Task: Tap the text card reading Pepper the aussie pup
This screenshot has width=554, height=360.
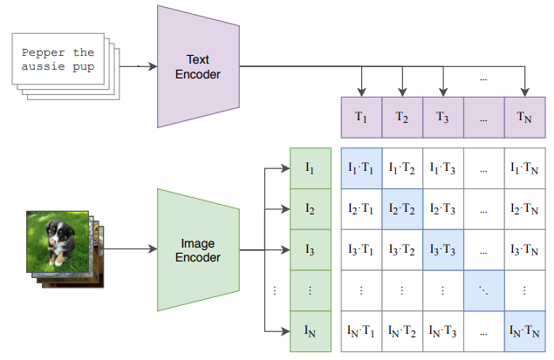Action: coord(58,59)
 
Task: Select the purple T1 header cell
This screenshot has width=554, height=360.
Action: coord(360,118)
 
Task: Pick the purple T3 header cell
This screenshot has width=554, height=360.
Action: coord(442,118)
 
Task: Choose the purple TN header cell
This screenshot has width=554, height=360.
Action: coord(525,118)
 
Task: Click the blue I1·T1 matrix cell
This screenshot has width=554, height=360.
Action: coord(360,167)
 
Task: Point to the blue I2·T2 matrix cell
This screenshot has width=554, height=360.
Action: coord(401,208)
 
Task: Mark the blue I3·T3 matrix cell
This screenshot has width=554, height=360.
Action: coord(442,249)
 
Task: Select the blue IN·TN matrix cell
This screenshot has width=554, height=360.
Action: coord(525,331)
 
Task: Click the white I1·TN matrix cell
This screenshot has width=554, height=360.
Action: coord(525,167)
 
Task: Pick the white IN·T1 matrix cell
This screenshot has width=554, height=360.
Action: coord(360,331)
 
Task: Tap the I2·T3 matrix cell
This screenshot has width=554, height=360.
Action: coord(442,208)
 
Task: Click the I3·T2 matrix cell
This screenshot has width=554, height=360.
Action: coord(401,249)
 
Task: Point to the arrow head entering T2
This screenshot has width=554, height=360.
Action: coord(402,92)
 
